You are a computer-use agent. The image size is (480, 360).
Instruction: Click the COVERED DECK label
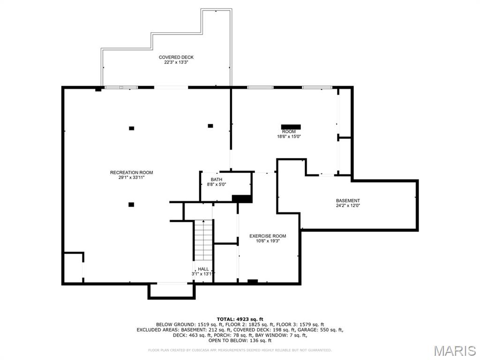[176, 57]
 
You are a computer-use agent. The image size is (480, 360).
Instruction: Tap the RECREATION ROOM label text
[131, 172]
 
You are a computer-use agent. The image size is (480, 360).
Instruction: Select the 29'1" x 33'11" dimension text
[131, 178]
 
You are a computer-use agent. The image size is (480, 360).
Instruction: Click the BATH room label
[216, 180]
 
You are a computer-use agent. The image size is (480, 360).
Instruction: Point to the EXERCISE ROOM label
[267, 236]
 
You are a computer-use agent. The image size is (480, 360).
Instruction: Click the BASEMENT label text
[348, 200]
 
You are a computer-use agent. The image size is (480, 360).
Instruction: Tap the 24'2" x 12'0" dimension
[348, 205]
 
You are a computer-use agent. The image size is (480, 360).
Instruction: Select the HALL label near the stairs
[203, 269]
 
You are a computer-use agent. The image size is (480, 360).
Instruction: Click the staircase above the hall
[203, 240]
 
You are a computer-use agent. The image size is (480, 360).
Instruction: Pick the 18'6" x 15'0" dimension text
[288, 136]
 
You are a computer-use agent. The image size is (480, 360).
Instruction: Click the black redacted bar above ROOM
[291, 127]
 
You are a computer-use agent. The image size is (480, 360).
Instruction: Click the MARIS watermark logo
[454, 351]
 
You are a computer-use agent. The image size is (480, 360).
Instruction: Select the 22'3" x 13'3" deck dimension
[176, 62]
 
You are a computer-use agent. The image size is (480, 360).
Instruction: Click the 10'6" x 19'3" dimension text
[267, 241]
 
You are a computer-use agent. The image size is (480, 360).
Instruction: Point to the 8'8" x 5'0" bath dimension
[216, 185]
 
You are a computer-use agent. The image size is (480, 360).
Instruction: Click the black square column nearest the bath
[210, 126]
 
